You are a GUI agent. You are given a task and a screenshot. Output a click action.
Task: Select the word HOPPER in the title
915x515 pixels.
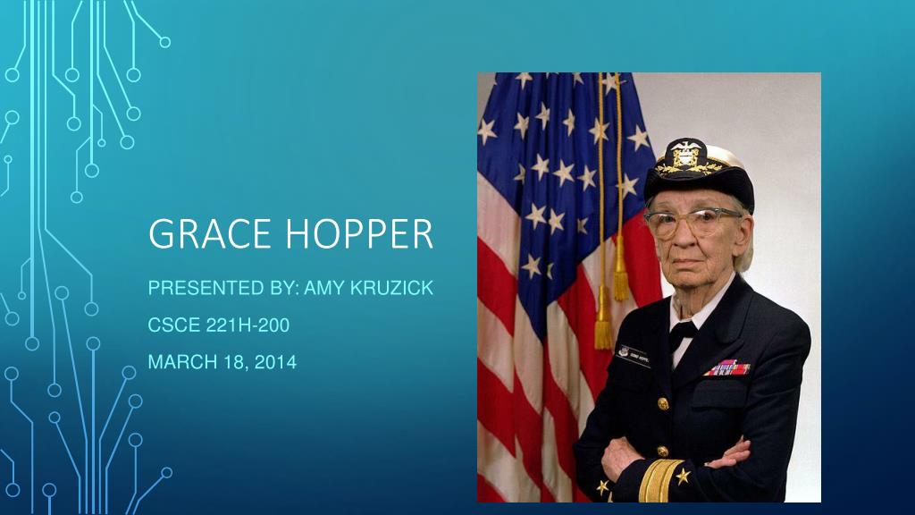point(360,234)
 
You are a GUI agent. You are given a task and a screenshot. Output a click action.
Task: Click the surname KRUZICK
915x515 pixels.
point(393,289)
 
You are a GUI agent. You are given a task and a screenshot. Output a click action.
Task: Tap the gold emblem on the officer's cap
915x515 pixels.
point(686,157)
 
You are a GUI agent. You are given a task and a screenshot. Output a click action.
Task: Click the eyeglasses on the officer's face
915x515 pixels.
point(692,223)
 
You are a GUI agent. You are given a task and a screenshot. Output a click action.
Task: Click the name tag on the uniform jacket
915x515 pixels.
point(634,355)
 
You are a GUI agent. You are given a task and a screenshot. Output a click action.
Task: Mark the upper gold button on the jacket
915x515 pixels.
point(663,403)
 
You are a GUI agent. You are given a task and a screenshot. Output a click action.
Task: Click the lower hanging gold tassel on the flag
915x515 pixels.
point(604,330)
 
